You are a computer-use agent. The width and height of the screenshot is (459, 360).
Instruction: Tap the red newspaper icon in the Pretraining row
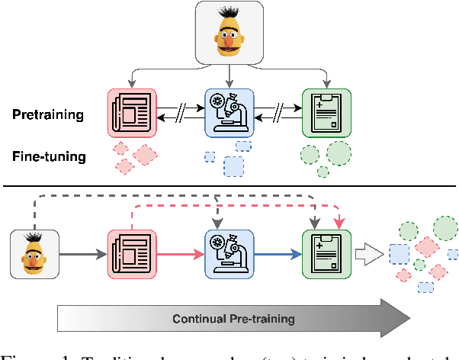pos(132,111)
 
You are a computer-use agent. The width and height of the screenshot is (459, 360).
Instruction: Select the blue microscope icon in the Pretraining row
pos(230,111)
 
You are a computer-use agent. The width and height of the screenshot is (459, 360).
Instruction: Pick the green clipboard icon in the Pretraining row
pos(326,111)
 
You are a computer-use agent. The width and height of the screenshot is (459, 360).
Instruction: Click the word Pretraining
pos(48,115)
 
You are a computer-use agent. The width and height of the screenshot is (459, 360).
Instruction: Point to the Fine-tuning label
pos(48,157)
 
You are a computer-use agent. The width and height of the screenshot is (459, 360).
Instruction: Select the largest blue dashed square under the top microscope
pos(233,166)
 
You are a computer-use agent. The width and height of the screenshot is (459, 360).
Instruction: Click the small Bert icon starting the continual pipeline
pos(33,255)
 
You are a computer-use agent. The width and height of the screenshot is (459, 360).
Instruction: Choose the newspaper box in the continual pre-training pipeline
pos(132,255)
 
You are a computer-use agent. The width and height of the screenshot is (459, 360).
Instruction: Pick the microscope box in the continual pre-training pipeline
pos(230,255)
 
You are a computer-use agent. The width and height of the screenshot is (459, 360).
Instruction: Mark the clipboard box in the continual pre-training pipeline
pos(326,255)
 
